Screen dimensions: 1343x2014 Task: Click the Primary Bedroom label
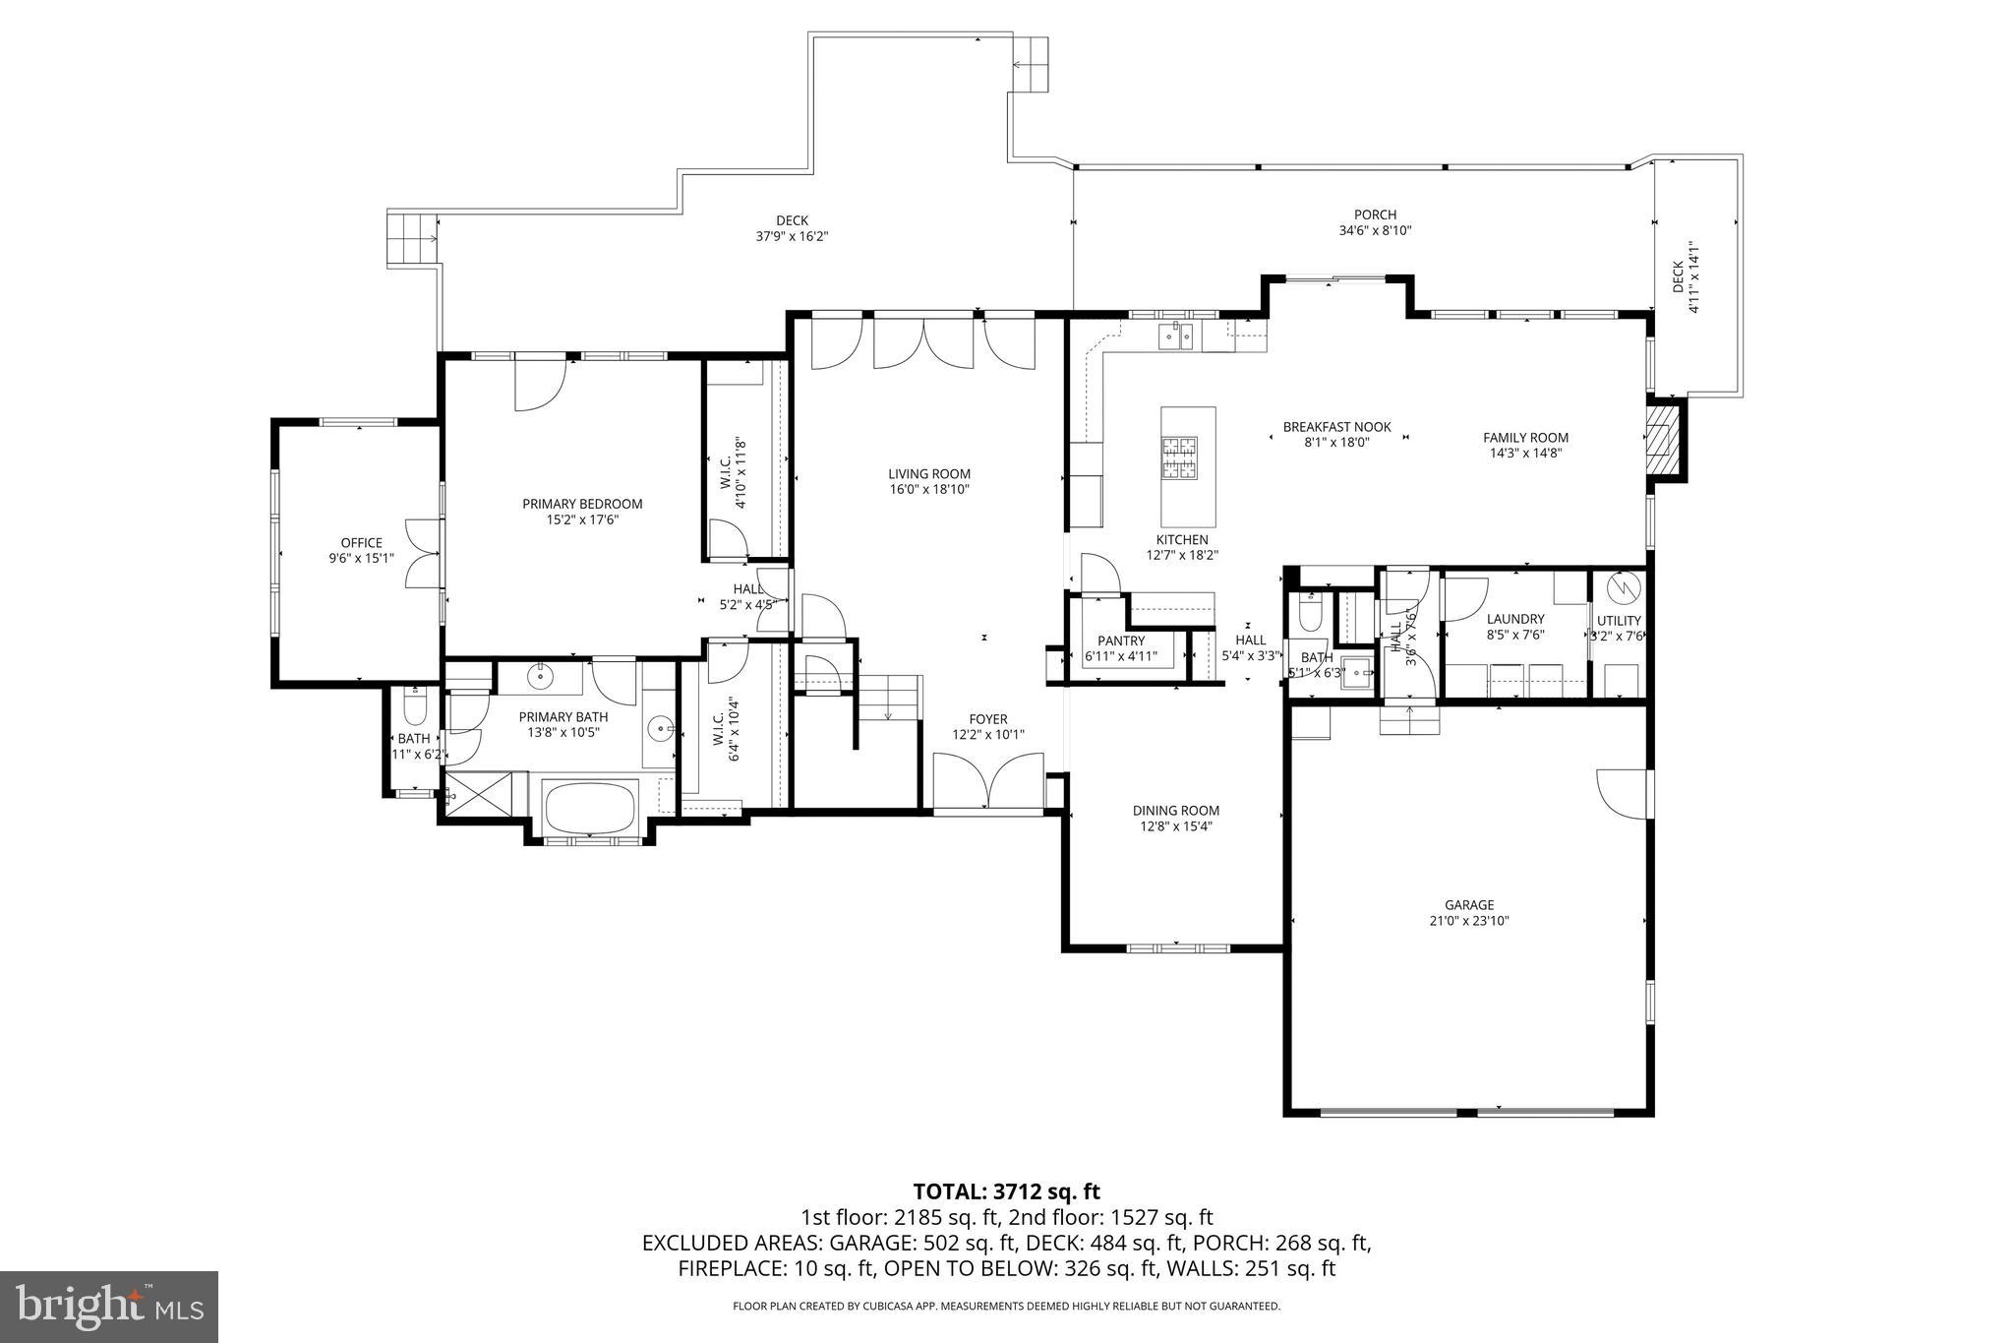581,504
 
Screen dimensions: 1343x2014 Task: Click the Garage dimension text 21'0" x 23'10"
1469,921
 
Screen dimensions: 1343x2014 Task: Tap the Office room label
361,543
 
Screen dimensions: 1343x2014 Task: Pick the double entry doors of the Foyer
988,781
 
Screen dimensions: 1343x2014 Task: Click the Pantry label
1121,641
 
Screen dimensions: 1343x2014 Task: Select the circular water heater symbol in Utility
1625,588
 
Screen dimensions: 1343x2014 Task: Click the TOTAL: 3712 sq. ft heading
1006,1192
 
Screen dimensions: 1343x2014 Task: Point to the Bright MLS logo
108,1308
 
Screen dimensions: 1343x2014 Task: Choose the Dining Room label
1175,811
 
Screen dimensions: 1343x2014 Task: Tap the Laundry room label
1515,619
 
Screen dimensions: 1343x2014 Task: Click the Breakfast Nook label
1336,427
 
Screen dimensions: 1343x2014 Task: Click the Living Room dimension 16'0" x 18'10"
929,489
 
